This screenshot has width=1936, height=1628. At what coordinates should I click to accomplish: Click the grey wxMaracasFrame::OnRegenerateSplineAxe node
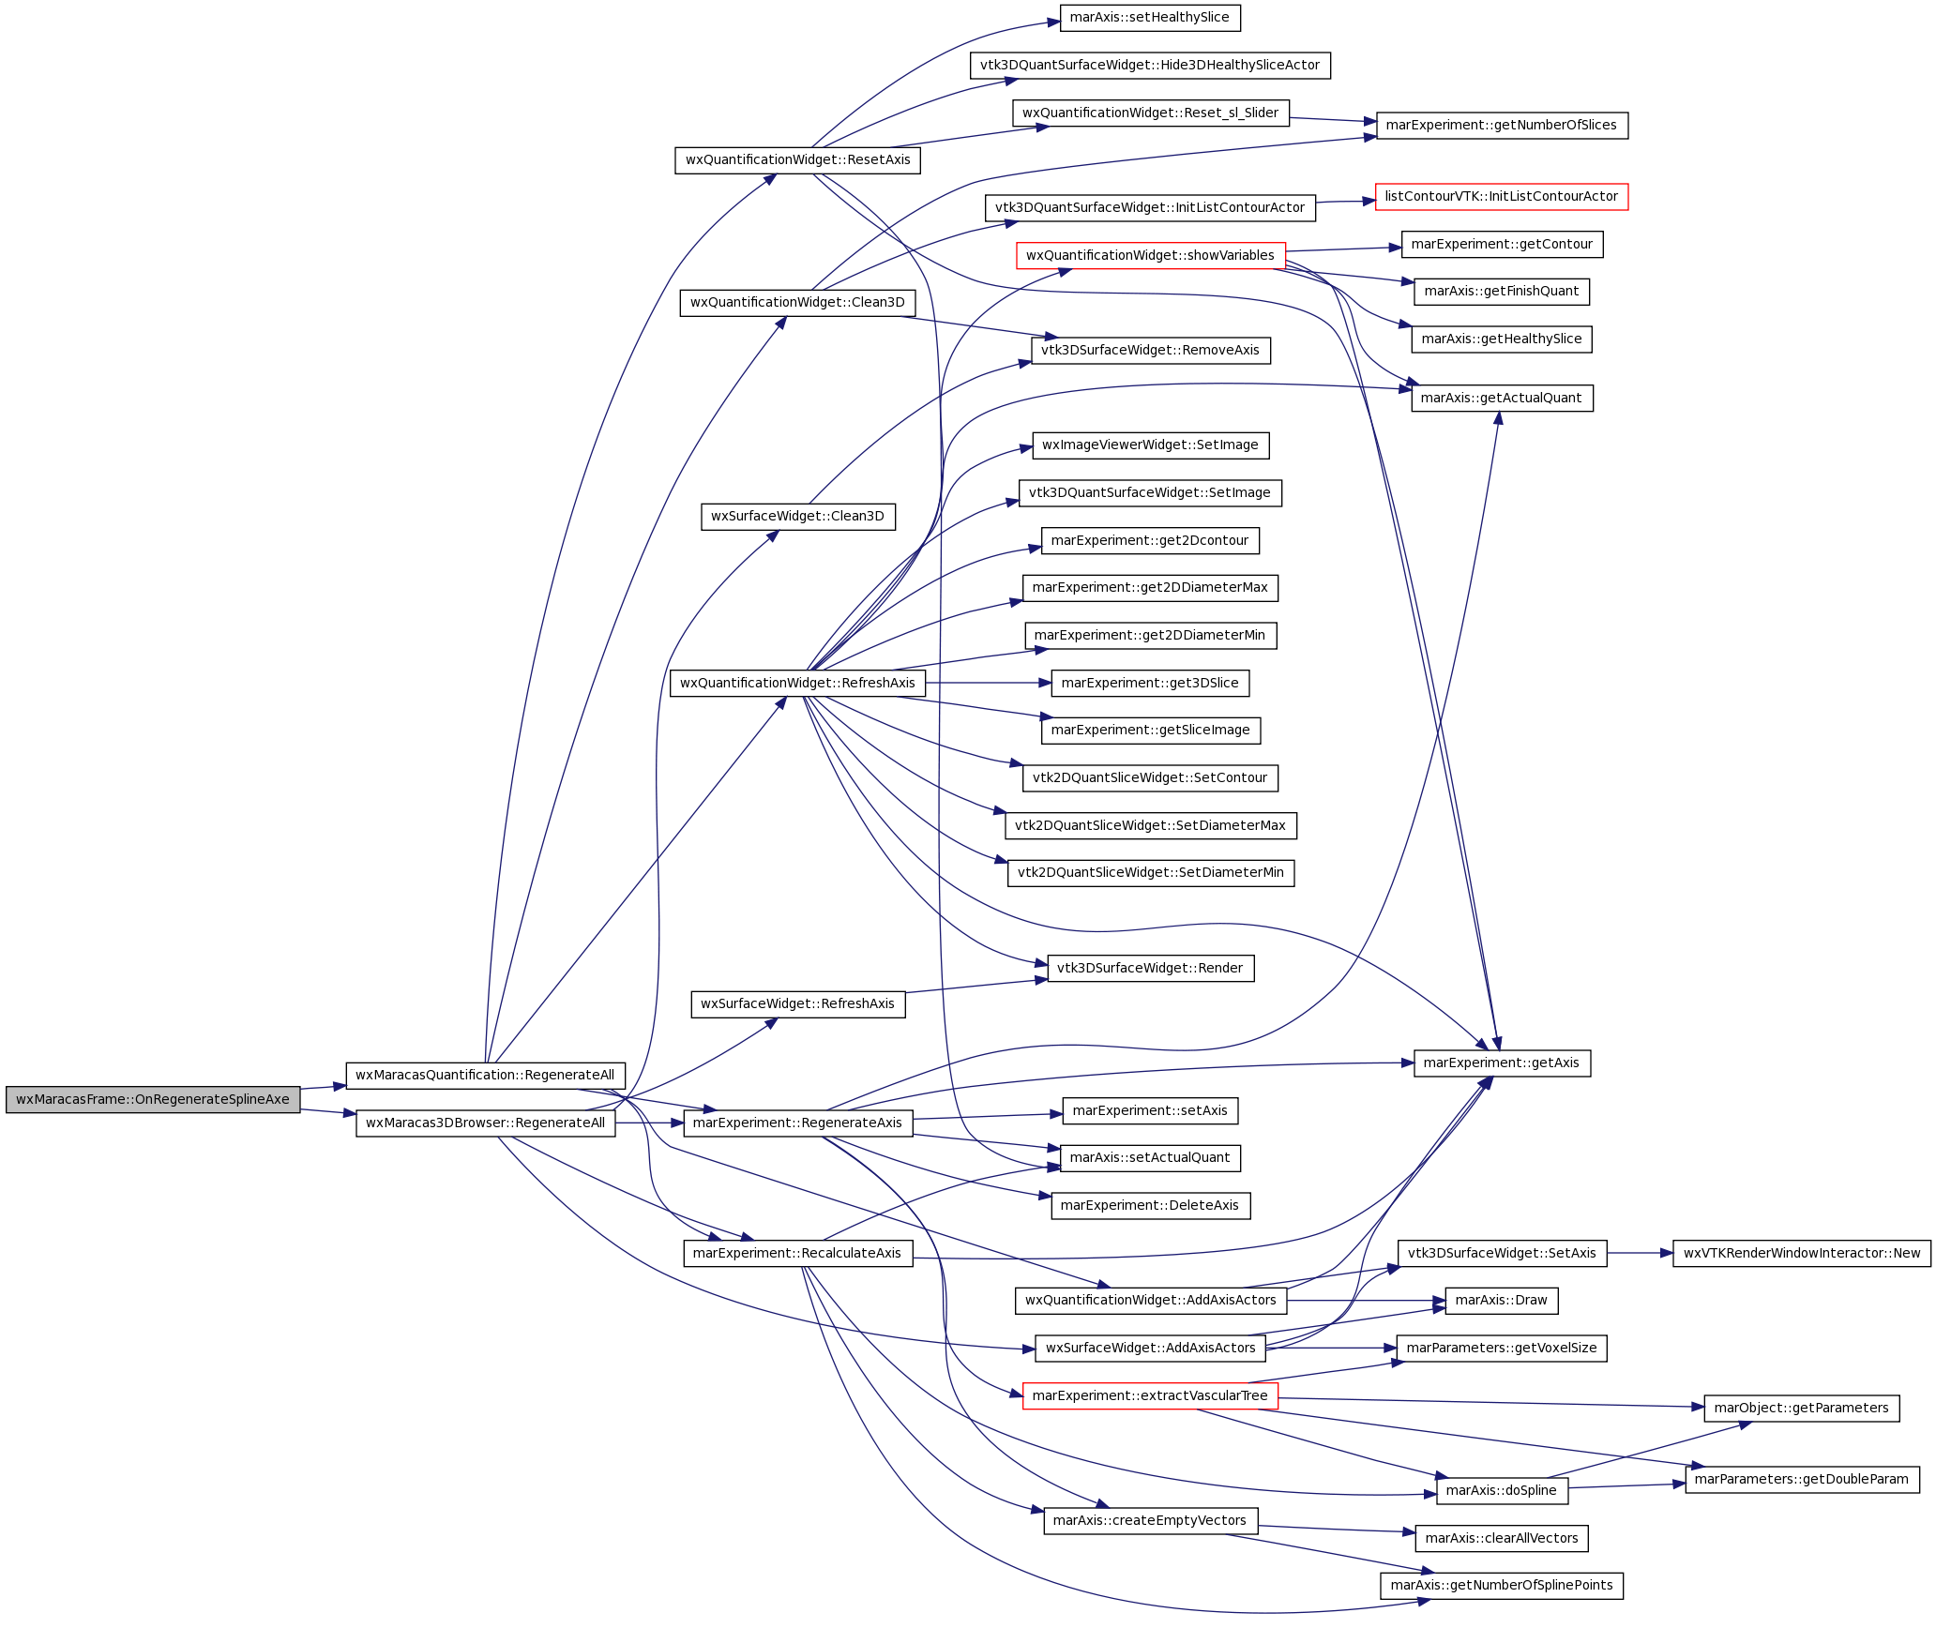[153, 1099]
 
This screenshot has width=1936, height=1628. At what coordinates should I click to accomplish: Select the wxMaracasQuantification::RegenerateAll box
[485, 1075]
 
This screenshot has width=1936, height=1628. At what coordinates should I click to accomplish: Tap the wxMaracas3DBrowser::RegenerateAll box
[485, 1123]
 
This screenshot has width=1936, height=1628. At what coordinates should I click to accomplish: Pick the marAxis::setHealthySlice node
[1149, 18]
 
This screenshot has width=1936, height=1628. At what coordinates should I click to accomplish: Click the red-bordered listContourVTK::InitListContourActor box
[1501, 197]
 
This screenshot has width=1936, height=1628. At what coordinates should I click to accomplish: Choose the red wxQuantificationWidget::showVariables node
[1150, 255]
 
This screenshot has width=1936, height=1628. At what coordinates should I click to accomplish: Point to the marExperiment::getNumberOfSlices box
[1501, 126]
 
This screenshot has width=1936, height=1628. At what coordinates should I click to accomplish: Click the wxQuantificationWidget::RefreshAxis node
[797, 683]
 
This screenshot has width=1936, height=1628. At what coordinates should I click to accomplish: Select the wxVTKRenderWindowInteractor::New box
[1802, 1253]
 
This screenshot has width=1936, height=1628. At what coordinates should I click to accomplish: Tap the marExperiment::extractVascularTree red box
[1150, 1395]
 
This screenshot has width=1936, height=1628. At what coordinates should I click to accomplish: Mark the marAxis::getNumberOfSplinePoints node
[1501, 1586]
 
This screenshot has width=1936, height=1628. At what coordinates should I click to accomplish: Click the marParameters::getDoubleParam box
[1802, 1479]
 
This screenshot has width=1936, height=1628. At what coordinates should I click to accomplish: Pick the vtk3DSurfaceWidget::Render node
[1150, 968]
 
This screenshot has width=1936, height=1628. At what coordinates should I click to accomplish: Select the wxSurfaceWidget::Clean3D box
[797, 516]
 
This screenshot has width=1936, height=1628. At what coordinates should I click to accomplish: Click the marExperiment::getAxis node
[1501, 1063]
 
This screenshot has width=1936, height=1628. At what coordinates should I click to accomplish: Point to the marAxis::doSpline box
[1501, 1490]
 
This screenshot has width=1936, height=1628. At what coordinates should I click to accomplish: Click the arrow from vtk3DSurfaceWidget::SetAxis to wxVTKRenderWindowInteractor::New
[1640, 1253]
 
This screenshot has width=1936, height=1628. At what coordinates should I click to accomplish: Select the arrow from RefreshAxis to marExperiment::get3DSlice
[989, 683]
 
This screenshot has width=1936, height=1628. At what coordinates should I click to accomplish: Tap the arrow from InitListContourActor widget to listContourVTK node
[1345, 202]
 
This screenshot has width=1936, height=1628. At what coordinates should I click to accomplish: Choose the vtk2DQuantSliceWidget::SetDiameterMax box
[1150, 825]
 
